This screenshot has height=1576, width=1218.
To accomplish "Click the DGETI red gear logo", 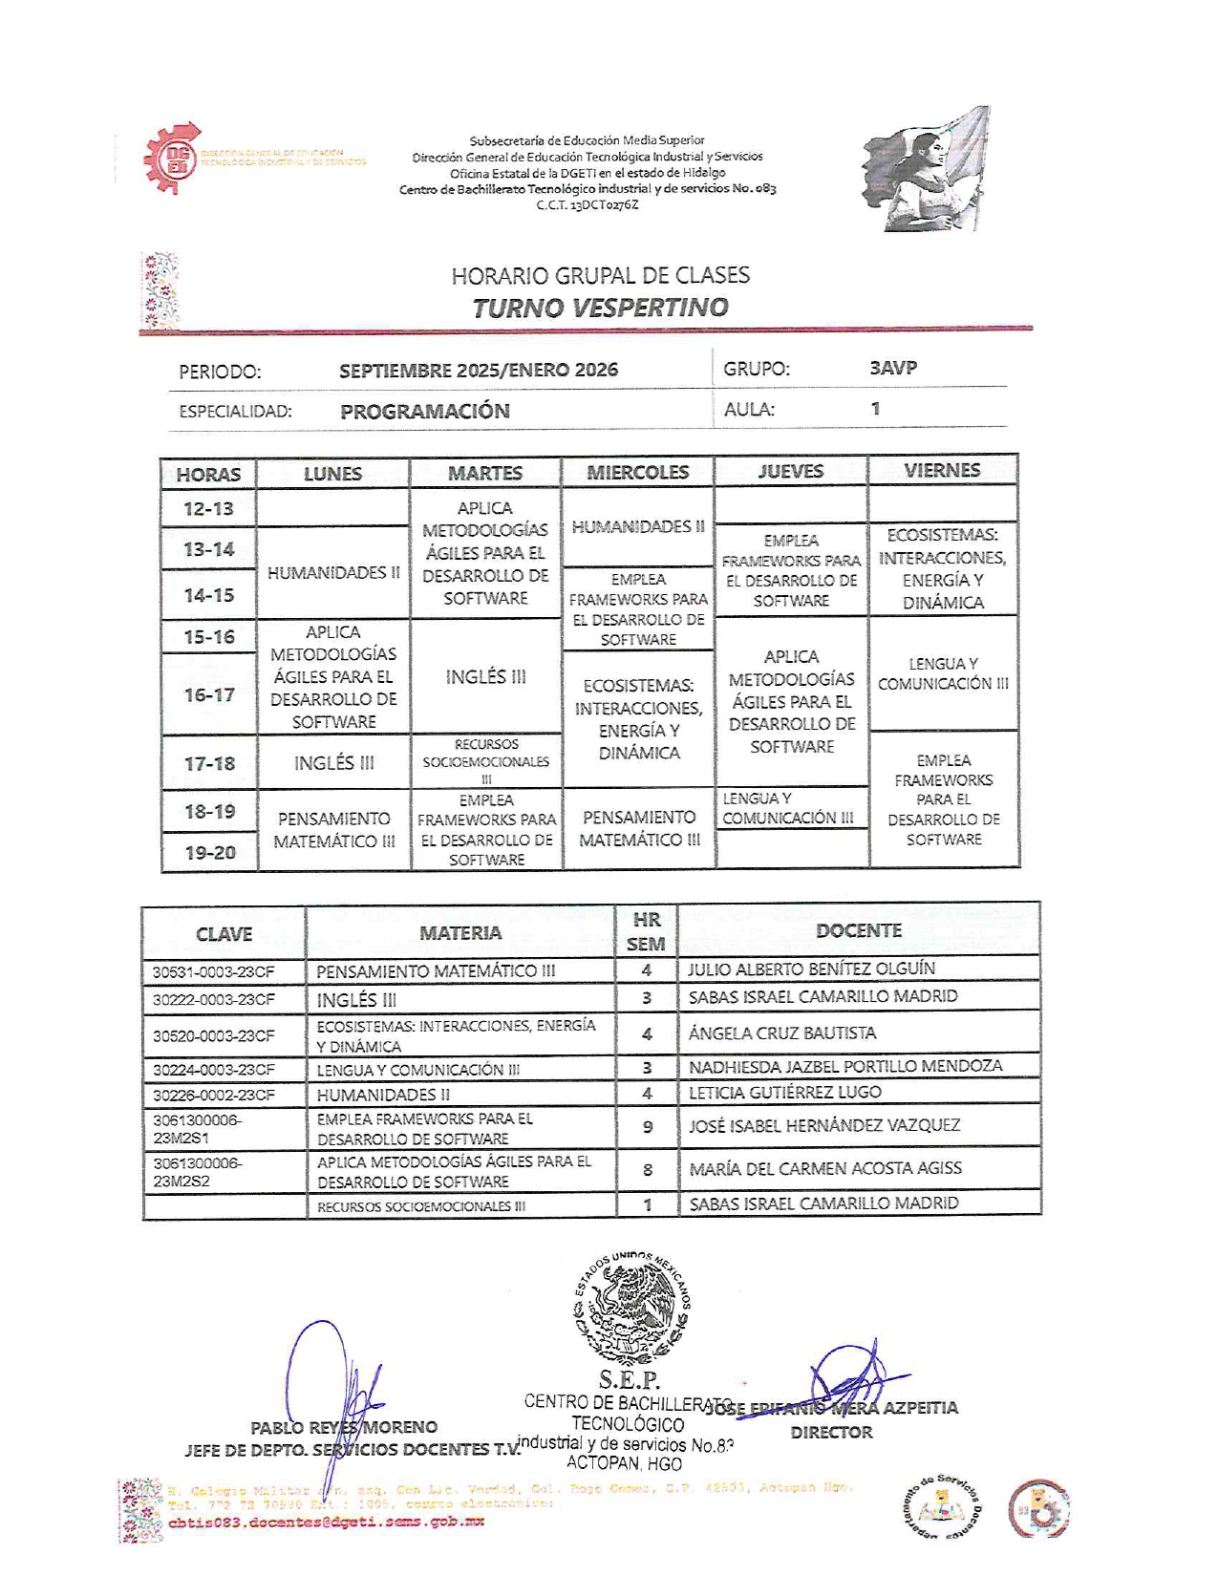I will point(173,159).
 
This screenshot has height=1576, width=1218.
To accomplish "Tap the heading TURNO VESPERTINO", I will point(600,308).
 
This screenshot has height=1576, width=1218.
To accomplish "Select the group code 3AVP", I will point(893,368).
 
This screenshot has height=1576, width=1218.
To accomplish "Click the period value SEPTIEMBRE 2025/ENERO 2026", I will point(478,370).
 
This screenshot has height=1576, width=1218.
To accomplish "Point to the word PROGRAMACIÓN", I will point(425,411).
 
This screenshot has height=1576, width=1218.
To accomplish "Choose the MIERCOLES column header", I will point(637,472).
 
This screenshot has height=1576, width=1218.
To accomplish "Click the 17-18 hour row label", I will point(209,763).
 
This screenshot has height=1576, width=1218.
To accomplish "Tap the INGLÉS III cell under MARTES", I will point(485,676).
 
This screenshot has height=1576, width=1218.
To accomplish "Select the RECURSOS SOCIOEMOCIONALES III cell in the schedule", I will point(486,761).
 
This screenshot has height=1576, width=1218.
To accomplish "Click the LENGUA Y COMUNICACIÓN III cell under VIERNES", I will point(943,673).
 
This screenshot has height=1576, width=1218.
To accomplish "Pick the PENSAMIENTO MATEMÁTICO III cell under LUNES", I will point(333,829).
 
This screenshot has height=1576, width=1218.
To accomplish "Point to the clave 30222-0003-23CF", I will point(214,999).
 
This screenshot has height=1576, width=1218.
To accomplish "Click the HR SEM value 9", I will point(647,1127).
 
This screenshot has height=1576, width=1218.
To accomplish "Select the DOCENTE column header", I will point(858,930).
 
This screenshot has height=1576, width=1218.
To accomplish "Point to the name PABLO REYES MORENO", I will point(344,1427).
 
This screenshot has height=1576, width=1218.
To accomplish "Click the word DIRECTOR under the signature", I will point(831,1432).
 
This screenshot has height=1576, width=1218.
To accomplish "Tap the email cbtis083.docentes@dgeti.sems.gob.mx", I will point(326,1522).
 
